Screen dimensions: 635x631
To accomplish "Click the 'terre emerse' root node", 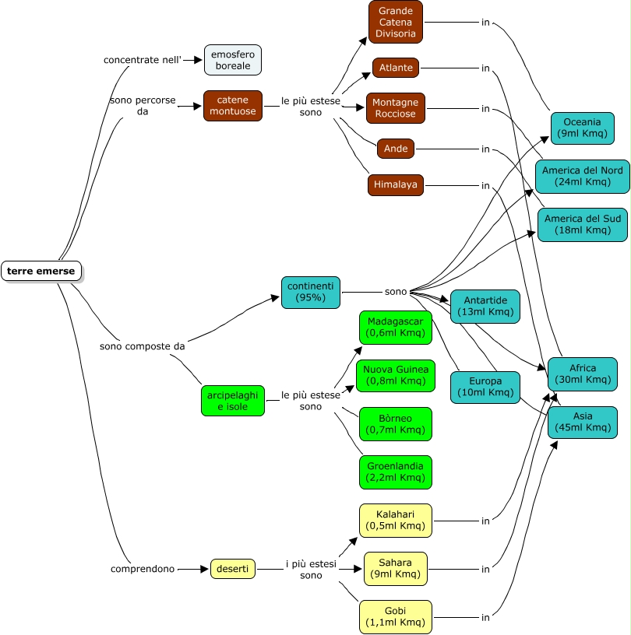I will [41, 271].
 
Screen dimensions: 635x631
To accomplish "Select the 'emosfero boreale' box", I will [233, 60].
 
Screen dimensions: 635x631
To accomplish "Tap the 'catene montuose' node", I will [233, 106].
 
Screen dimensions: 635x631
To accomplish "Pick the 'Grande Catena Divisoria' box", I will [396, 22].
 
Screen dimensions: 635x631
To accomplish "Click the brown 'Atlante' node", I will [396, 68].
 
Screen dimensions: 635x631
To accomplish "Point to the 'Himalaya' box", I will [396, 185].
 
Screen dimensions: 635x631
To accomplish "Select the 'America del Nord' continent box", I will [582, 176].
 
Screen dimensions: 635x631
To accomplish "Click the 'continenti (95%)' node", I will [311, 292].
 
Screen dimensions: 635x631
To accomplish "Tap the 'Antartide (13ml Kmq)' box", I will [485, 307].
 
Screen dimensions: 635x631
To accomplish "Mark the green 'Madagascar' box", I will [396, 328].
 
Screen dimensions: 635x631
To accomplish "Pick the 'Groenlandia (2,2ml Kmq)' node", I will [396, 472].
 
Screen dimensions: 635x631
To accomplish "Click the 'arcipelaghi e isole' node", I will [232, 401].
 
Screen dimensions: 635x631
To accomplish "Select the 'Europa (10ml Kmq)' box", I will [485, 388].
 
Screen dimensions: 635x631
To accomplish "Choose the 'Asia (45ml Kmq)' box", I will [582, 422].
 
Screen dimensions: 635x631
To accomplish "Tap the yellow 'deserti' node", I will [232, 570].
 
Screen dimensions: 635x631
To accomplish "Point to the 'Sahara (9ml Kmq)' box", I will [396, 569].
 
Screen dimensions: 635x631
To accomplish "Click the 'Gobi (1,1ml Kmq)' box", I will [396, 616].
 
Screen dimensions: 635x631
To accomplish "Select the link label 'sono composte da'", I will [143, 346].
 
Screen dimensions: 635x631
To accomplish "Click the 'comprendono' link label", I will [143, 570].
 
